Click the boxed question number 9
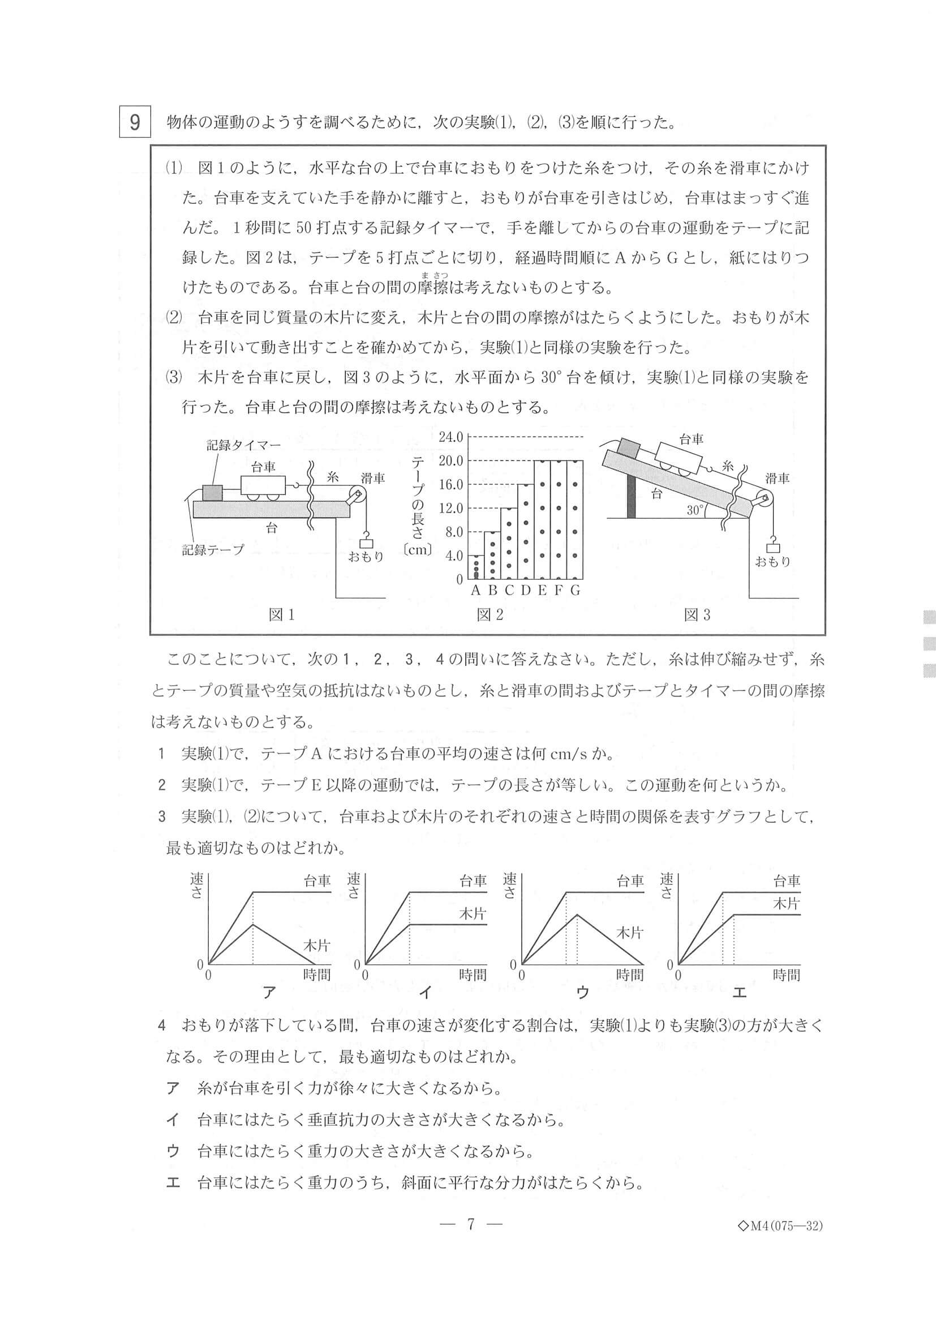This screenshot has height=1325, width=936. click(x=134, y=122)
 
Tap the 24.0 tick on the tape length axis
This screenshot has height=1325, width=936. click(x=451, y=437)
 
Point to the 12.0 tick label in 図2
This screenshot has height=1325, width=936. click(x=451, y=508)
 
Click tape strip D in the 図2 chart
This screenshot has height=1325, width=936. click(x=525, y=531)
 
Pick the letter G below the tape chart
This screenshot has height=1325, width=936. click(x=575, y=591)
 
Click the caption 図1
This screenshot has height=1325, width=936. click(x=282, y=615)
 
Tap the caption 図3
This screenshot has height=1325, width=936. click(x=697, y=615)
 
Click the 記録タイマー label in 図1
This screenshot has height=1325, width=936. click(x=243, y=445)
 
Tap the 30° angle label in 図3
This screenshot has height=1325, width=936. click(x=696, y=510)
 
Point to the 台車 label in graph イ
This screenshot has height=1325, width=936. click(x=473, y=881)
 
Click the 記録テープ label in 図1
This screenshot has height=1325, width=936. click(x=213, y=550)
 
